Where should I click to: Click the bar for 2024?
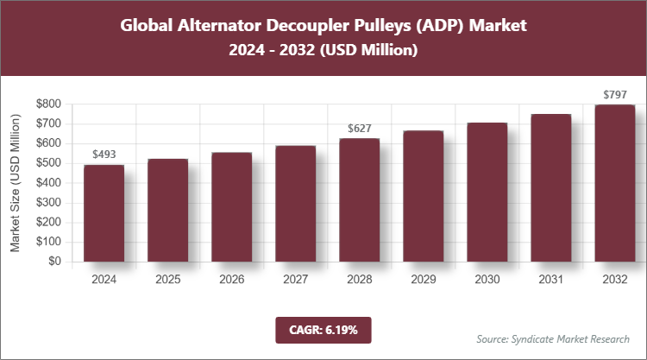[104, 213]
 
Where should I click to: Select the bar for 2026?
[231, 207]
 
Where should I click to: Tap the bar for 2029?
[423, 196]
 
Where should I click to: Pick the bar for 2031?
[550, 187]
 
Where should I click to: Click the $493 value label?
[104, 155]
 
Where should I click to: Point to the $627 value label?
[359, 129]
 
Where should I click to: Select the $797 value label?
[614, 94]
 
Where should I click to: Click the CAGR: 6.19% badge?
[323, 330]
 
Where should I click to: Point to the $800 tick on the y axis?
[48, 104]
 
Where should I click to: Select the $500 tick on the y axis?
[48, 163]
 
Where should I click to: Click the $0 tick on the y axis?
[54, 262]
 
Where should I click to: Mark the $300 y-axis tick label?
[48, 202]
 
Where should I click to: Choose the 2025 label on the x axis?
[167, 280]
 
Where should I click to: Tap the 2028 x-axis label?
[359, 280]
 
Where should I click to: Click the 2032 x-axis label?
[614, 280]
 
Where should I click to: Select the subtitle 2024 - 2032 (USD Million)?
[323, 51]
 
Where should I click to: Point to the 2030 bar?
[487, 192]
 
